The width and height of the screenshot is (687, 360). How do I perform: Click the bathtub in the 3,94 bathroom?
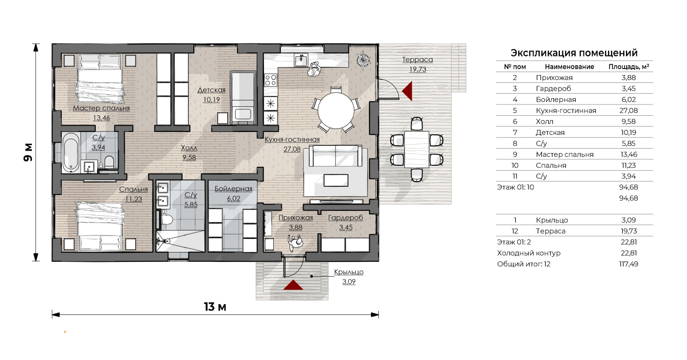(x=71, y=153)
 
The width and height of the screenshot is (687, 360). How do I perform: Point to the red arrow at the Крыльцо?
(x=293, y=285)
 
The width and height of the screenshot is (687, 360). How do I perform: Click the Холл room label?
(x=189, y=148)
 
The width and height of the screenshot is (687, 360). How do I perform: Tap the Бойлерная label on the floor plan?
(x=233, y=189)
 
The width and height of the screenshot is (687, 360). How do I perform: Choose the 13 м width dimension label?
(x=215, y=307)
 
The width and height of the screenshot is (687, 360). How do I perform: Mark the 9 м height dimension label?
(x=28, y=153)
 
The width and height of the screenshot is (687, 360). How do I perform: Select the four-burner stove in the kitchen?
(x=270, y=80)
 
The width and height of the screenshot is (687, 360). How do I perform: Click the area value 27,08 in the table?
(x=629, y=110)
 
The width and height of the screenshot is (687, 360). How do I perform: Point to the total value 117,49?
(x=629, y=264)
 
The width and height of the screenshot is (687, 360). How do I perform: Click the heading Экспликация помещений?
(x=574, y=53)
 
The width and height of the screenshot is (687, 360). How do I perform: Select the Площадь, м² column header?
(x=629, y=67)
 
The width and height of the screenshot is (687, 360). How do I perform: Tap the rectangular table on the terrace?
(x=417, y=149)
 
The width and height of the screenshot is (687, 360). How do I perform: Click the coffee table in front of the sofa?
(x=336, y=180)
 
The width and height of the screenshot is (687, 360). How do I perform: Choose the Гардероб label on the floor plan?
(x=345, y=217)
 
